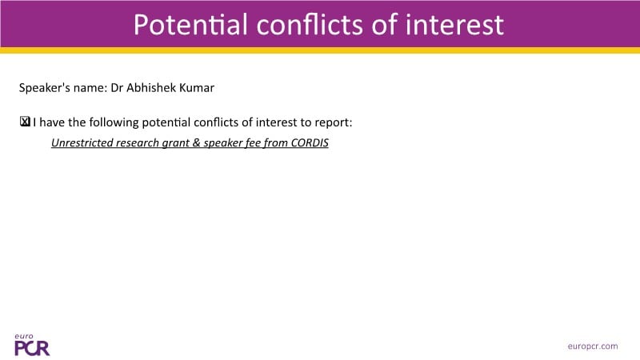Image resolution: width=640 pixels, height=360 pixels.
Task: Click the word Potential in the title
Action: [x=190, y=25]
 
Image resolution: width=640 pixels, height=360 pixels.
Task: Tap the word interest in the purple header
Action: [x=454, y=25]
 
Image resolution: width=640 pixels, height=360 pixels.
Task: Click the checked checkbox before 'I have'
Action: [x=25, y=122]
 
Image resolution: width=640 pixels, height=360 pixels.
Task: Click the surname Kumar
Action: [x=197, y=88]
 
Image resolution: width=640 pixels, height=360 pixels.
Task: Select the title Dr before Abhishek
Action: [x=117, y=88]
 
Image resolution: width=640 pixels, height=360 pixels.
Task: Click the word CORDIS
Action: [x=310, y=143]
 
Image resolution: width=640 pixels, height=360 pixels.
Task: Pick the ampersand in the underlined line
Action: [x=196, y=143]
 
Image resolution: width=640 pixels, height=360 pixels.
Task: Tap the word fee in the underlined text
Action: [x=253, y=143]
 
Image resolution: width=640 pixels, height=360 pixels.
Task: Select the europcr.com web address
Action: [x=593, y=346]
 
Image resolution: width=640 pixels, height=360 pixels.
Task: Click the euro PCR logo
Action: [x=32, y=345]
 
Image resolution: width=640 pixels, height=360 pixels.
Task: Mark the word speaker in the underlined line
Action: [x=223, y=143]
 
